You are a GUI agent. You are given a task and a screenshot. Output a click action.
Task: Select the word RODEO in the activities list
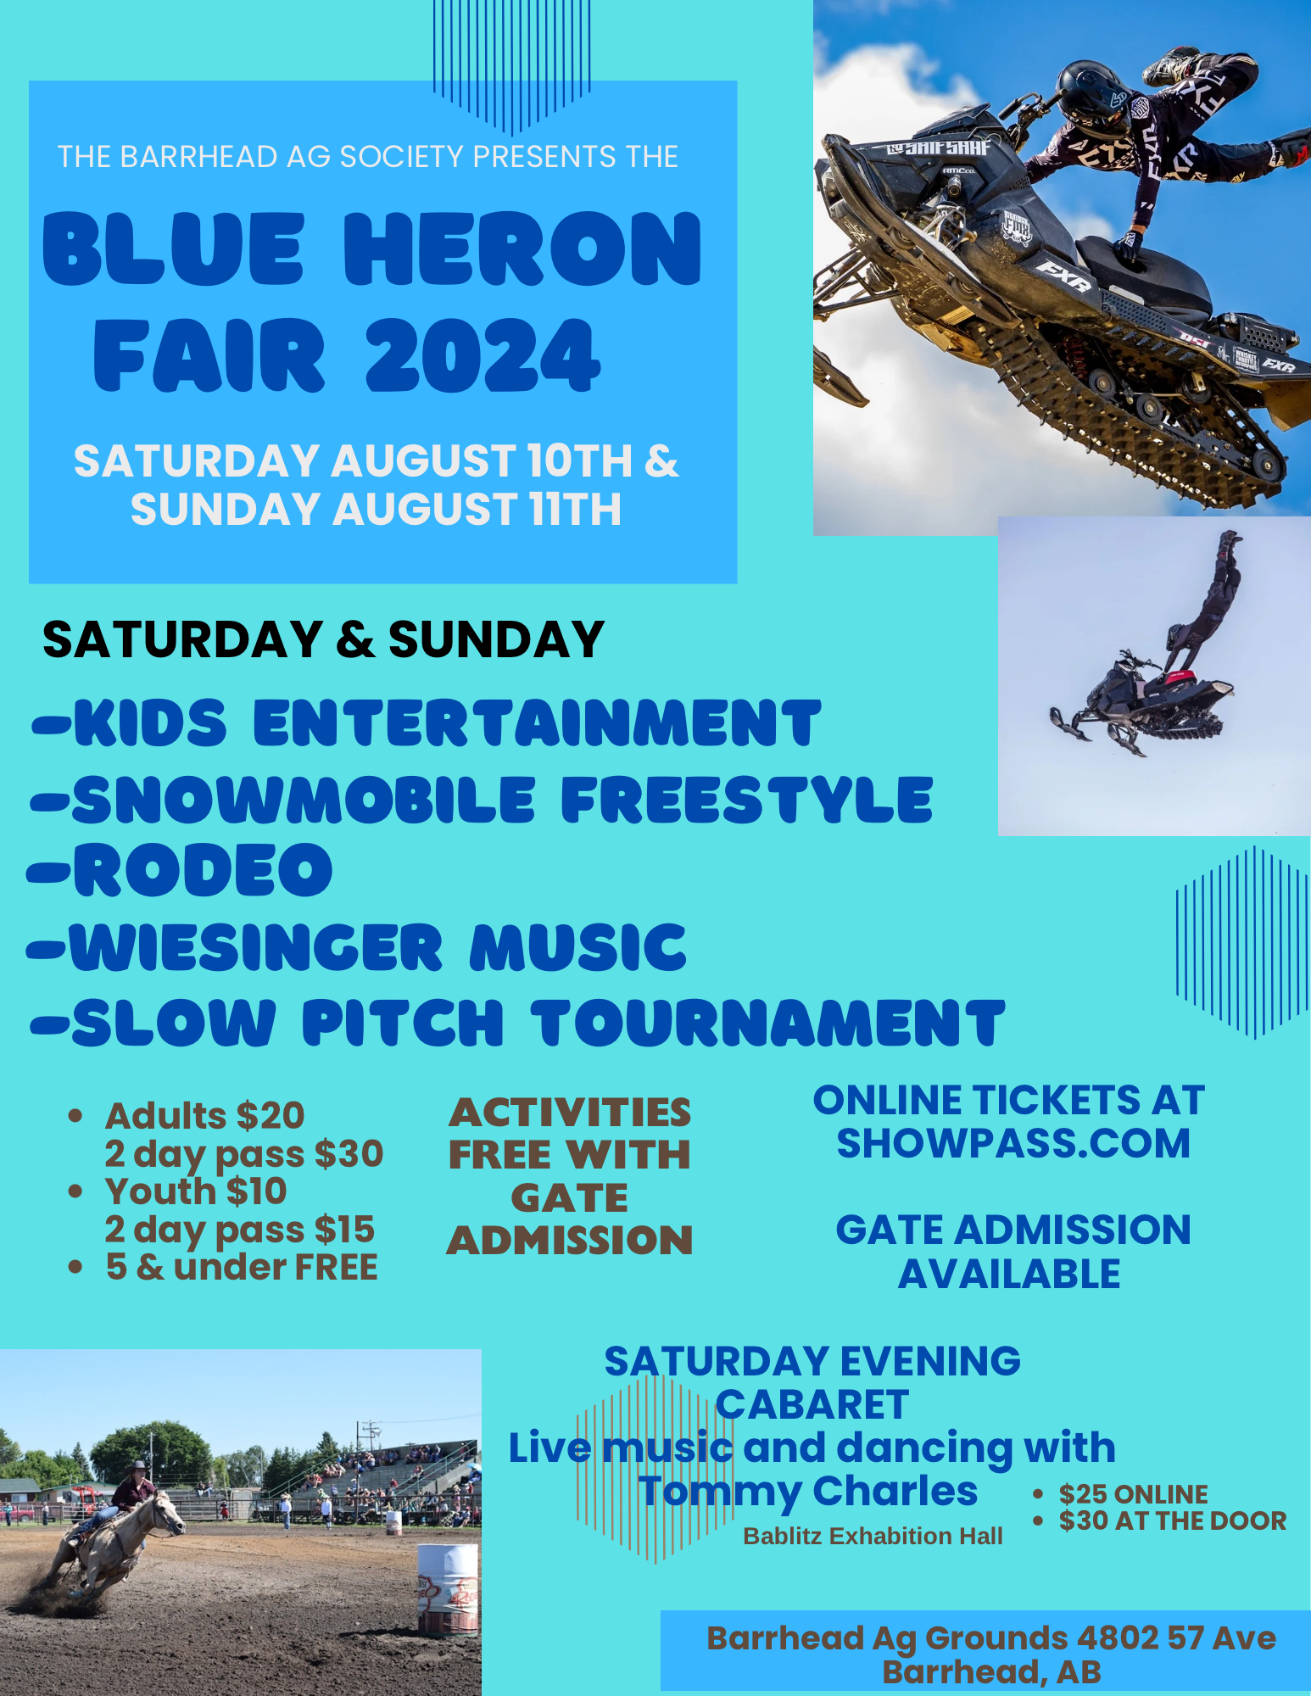click(204, 870)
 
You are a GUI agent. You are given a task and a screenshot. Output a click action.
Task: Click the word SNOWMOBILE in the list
click(304, 800)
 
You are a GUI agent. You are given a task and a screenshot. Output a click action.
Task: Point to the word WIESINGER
click(256, 946)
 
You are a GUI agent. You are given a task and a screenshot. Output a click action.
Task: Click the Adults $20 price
click(204, 1115)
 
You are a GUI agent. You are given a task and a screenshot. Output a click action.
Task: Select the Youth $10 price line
click(196, 1191)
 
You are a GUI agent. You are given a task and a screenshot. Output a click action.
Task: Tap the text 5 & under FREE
click(242, 1267)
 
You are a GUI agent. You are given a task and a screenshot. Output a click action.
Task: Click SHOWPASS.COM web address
click(1013, 1143)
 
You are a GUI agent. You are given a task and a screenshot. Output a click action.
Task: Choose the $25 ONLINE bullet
click(1133, 1493)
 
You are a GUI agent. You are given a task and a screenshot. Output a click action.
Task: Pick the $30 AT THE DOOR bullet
click(1173, 1520)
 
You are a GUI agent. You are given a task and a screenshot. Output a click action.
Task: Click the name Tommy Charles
click(808, 1491)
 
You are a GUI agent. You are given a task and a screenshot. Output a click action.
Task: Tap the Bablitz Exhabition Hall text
click(873, 1536)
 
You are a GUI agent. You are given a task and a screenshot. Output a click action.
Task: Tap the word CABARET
click(812, 1404)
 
